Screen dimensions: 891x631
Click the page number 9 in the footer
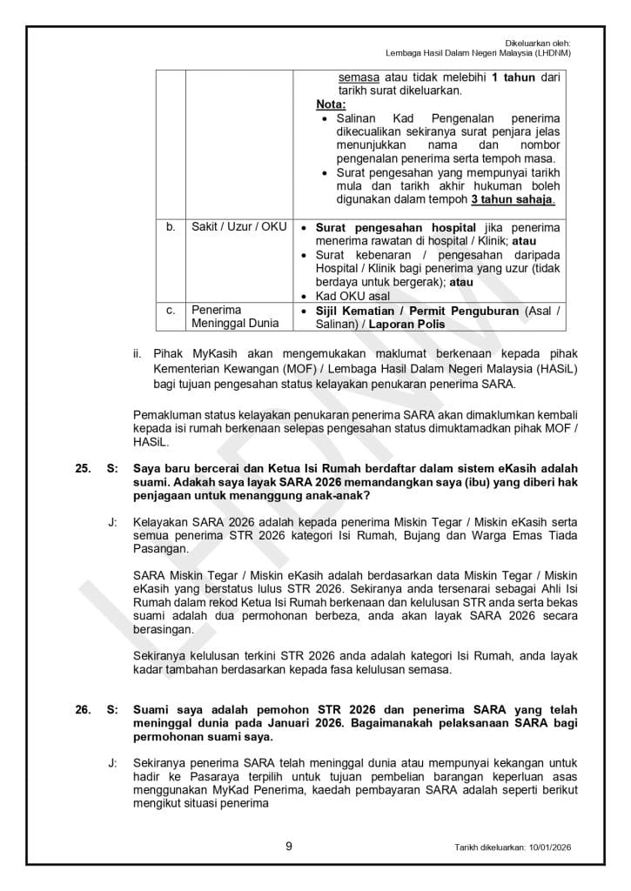coord(288,844)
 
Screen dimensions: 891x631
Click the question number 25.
coord(84,469)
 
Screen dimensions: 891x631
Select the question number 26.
coord(84,710)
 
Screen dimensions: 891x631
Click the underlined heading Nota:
coord(331,104)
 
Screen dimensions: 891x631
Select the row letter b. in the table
coord(171,227)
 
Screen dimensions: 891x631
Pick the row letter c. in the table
coord(171,310)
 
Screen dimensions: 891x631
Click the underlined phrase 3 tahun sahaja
coord(514,200)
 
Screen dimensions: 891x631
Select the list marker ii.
coord(137,354)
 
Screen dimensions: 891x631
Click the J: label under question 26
coord(112,761)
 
